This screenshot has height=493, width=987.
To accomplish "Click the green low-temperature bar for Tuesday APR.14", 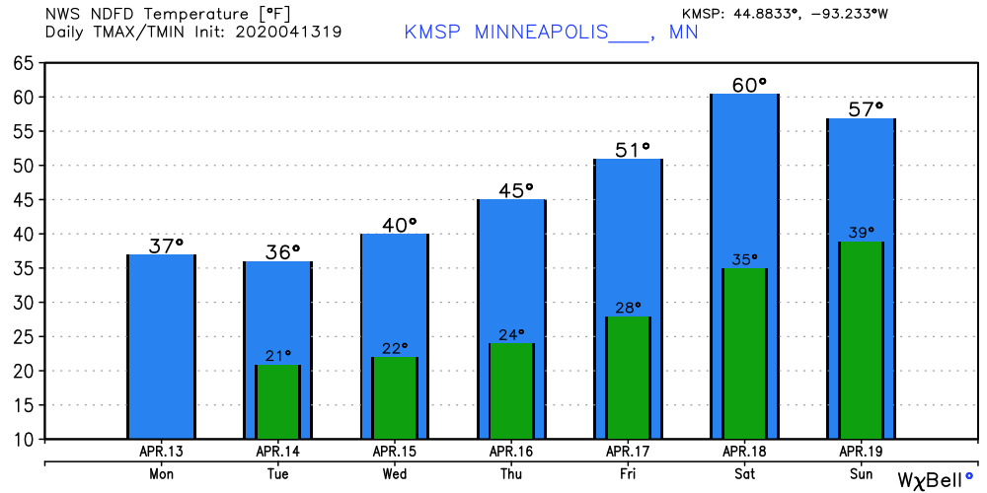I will (277, 402).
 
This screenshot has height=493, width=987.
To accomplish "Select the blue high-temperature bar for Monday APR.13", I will (161, 345).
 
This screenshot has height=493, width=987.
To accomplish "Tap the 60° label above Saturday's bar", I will (749, 85).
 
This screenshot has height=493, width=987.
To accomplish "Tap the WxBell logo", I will (932, 479).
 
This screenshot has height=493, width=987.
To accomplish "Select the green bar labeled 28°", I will (627, 378).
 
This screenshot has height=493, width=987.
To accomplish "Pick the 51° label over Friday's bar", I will (633, 149).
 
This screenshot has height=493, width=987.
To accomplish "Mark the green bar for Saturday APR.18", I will (743, 353).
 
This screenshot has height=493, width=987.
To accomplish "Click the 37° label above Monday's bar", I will (167, 245).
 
